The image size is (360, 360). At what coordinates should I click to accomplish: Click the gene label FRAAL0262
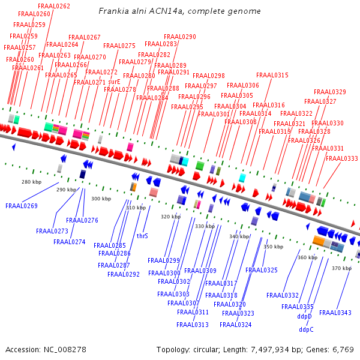pos(54,6)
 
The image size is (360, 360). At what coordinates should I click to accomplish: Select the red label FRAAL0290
pos(179,37)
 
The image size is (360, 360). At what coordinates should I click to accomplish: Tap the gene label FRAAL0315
pos(272,75)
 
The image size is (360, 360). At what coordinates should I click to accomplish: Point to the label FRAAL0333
pos(342,158)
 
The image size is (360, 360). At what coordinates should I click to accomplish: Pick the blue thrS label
pos(142,236)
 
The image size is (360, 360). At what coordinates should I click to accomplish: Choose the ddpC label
pos(306,329)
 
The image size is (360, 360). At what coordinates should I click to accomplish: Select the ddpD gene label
pos(305,316)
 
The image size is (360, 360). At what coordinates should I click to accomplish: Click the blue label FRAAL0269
pos(22,206)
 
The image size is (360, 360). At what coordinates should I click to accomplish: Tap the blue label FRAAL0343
pos(335,313)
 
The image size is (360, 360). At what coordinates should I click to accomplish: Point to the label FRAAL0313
pos(193,325)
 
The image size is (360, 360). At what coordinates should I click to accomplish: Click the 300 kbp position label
pos(101,199)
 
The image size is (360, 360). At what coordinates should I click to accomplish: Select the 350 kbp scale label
pos(273,247)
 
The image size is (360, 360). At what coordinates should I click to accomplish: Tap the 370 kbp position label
pos(341,268)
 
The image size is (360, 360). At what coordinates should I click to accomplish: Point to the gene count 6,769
pos(342,349)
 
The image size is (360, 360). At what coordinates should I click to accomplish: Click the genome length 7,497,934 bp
pos(273,349)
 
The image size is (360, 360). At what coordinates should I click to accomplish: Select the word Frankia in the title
pos(114,11)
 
